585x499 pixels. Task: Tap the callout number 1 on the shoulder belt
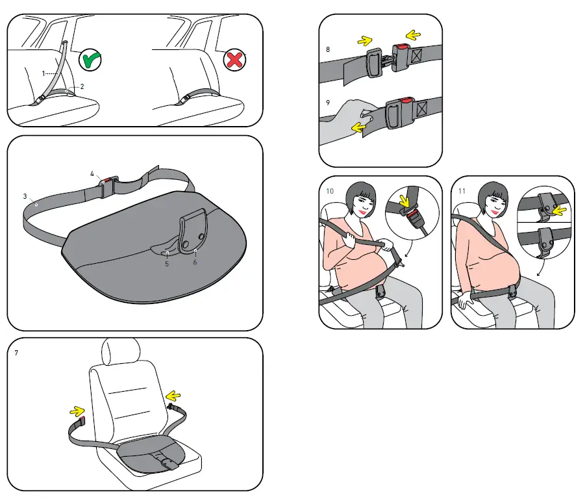point(43,73)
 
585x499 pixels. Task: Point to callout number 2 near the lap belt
point(82,86)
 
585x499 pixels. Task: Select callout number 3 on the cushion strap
point(25,196)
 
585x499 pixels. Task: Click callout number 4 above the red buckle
point(92,173)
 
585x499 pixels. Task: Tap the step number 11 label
point(462,191)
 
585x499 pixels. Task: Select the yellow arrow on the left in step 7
point(77,411)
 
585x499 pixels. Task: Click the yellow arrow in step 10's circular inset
point(405,199)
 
